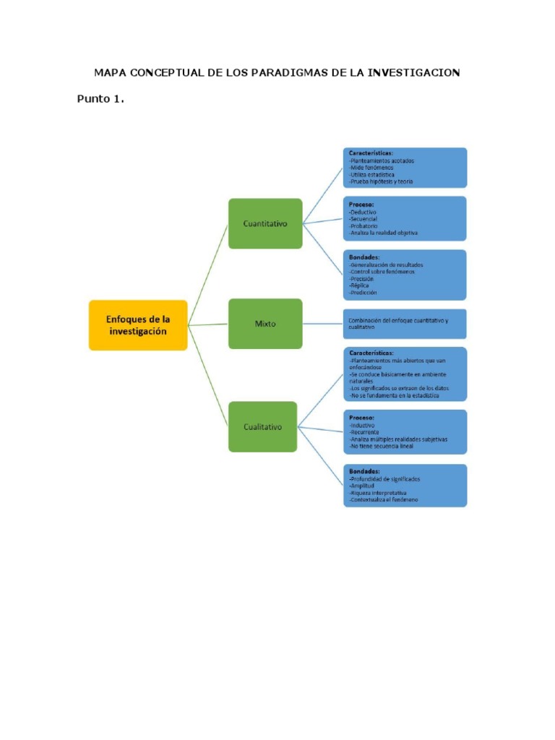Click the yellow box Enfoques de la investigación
(137, 325)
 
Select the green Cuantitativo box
(265, 223)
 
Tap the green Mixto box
(265, 324)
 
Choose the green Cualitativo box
(262, 426)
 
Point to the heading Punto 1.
(100, 99)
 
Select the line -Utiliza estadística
(372, 174)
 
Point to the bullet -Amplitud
(365, 486)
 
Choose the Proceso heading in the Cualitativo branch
(362, 418)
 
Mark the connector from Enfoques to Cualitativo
(208, 375)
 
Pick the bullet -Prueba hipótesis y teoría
(381, 181)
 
